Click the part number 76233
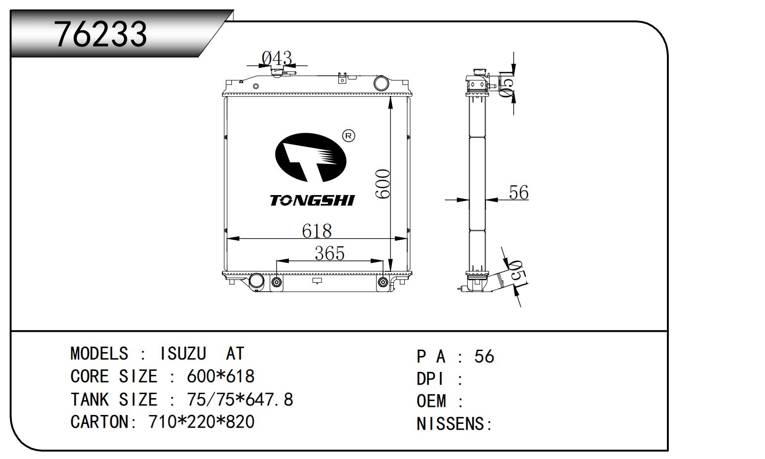[x=101, y=34]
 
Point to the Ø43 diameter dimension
[x=277, y=58]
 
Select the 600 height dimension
[x=383, y=184]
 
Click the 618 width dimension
[x=317, y=231]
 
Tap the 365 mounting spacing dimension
[x=329, y=253]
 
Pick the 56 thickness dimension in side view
[x=519, y=192]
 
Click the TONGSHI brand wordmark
[x=313, y=201]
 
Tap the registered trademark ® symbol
[x=349, y=136]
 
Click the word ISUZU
[x=183, y=354]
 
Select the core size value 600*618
[x=220, y=376]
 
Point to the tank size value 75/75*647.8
[x=240, y=399]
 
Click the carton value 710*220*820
[x=202, y=422]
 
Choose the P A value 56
[x=484, y=357]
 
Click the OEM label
[x=432, y=401]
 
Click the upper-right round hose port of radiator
[x=381, y=83]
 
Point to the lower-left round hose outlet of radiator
[x=257, y=281]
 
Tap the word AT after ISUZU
[x=235, y=354]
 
